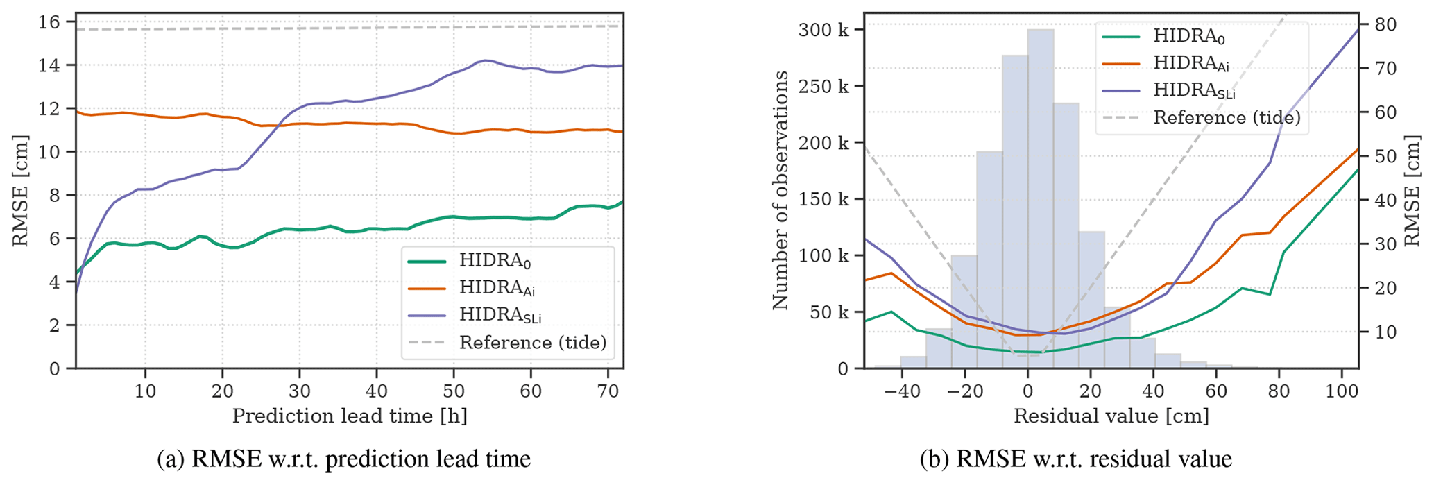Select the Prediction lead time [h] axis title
pyautogui.click(x=349, y=416)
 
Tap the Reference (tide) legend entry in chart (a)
pyautogui.click(x=532, y=342)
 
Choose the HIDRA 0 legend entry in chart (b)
pyautogui.click(x=1189, y=36)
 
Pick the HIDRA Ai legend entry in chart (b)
pyautogui.click(x=1191, y=63)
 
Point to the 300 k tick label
pyautogui.click(x=823, y=30)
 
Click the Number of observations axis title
pyautogui.click(x=781, y=189)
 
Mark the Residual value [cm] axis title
pyautogui.click(x=1111, y=416)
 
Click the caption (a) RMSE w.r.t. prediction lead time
pyautogui.click(x=343, y=459)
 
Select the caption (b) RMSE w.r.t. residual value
pyautogui.click(x=1076, y=459)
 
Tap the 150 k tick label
pyautogui.click(x=823, y=199)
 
